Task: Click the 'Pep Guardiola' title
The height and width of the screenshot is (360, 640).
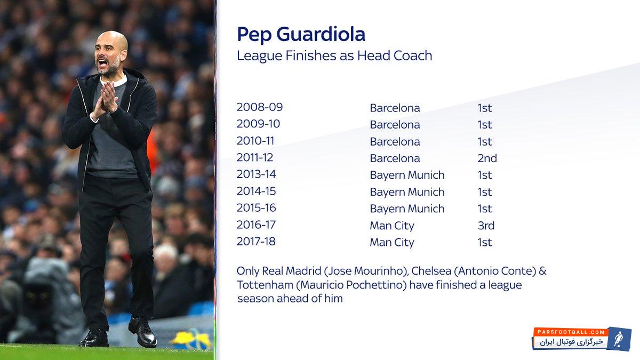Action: (301, 35)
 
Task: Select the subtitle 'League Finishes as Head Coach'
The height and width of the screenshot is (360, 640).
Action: (334, 55)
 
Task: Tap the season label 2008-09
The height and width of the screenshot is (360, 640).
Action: (259, 107)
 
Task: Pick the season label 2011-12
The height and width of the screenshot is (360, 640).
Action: (254, 157)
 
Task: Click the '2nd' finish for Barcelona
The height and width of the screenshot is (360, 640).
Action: (487, 158)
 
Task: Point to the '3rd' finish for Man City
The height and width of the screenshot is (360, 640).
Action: (486, 226)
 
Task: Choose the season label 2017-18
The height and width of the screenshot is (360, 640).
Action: (256, 242)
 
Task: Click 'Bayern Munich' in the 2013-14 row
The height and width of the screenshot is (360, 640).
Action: (407, 175)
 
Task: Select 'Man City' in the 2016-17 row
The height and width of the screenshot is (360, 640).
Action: (392, 226)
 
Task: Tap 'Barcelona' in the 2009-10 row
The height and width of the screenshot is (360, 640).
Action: (395, 125)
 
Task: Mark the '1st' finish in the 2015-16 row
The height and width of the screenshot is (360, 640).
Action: (485, 209)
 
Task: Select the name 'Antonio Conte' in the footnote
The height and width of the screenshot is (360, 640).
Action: (497, 271)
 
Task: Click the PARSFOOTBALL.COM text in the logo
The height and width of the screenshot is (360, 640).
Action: (571, 332)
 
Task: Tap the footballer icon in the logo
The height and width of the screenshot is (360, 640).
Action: (618, 339)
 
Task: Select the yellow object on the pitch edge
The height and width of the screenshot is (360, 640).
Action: (191, 339)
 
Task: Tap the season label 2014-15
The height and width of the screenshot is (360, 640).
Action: (257, 191)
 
